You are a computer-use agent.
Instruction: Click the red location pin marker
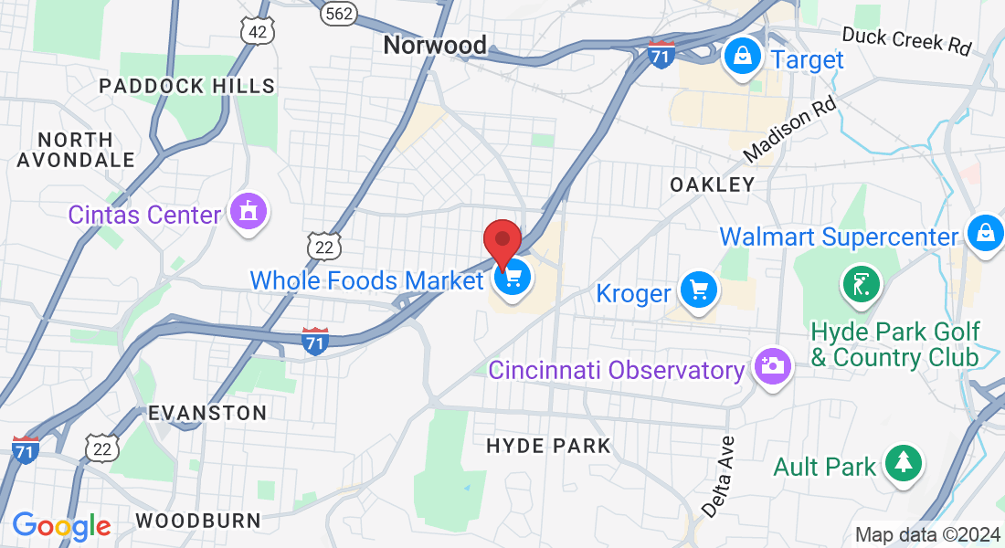click(502, 242)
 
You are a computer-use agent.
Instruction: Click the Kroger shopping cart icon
click(700, 291)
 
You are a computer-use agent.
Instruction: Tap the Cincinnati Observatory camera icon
click(772, 366)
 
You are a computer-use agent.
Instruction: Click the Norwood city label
click(435, 45)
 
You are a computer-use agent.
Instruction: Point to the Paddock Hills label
click(187, 86)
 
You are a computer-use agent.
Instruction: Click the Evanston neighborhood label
click(207, 413)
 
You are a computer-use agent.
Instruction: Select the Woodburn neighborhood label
click(197, 521)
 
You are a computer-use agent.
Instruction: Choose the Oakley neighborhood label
click(713, 184)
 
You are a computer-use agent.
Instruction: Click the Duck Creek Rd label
click(906, 40)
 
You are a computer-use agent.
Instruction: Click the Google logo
click(61, 525)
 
